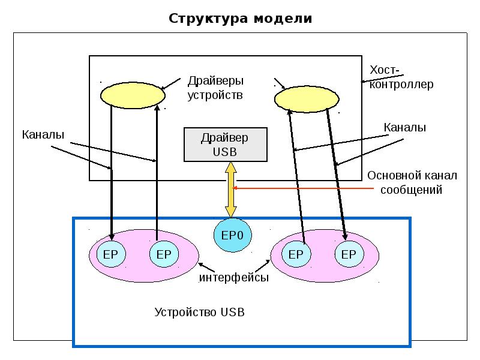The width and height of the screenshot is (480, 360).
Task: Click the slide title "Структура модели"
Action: pyautogui.click(x=240, y=18)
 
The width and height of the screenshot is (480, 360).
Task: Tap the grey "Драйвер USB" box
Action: pyautogui.click(x=224, y=145)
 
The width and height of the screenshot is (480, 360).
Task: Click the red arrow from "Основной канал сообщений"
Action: pyautogui.click(x=300, y=188)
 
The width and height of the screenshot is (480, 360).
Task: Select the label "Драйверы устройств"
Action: pyautogui.click(x=215, y=88)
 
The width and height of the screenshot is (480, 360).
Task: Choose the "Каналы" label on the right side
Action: pyautogui.click(x=405, y=127)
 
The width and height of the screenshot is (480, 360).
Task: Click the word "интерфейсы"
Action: pyautogui.click(x=234, y=278)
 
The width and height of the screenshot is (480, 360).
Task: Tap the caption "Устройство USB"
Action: pyautogui.click(x=200, y=313)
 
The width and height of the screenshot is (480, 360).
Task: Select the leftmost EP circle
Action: pyautogui.click(x=111, y=254)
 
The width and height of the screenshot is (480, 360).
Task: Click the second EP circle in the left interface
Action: pyautogui.click(x=163, y=254)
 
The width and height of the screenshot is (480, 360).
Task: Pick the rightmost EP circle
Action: pyautogui.click(x=349, y=254)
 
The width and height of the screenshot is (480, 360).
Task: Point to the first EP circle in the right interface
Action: pyautogui.click(x=296, y=254)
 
